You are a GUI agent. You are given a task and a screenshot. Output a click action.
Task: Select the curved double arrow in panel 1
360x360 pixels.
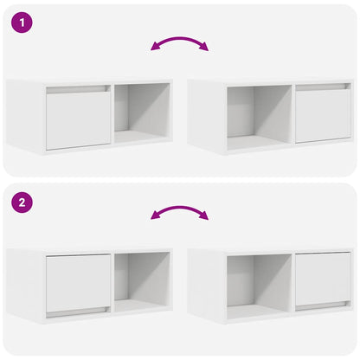tap(179, 42)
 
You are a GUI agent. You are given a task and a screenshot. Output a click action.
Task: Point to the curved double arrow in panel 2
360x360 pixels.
tap(179, 210)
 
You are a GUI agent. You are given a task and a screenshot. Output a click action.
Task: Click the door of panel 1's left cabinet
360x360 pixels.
tap(78, 119)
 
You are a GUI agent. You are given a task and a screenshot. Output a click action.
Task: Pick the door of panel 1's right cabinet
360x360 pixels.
tap(323, 114)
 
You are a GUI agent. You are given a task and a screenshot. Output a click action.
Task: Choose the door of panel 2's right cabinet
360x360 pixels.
tap(323, 278)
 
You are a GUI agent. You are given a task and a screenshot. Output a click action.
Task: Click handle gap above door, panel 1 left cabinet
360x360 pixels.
tap(78, 89)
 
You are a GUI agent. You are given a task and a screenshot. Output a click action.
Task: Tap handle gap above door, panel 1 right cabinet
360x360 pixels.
tap(323, 87)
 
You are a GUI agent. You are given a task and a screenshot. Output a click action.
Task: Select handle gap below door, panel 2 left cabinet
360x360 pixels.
tap(78, 311)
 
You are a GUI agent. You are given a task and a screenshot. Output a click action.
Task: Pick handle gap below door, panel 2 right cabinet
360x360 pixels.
tap(323, 306)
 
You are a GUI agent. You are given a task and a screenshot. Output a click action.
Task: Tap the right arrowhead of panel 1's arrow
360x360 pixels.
tap(204, 48)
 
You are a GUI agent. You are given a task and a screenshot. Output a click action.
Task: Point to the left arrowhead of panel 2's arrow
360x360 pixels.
tap(154, 215)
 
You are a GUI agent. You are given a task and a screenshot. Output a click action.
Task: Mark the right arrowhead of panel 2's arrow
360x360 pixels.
tap(204, 216)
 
